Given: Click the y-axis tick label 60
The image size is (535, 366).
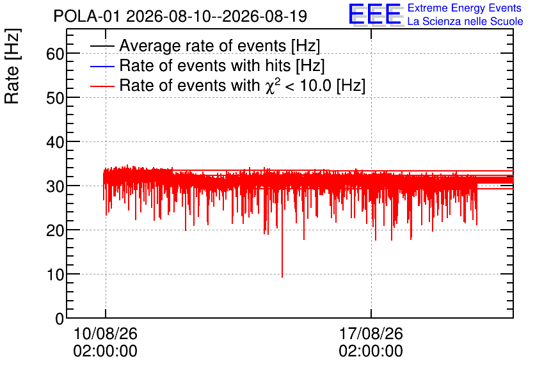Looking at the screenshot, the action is (x=55, y=54).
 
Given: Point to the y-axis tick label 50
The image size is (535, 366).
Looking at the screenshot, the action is (x=55, y=98).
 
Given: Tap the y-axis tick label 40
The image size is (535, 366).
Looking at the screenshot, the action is (x=55, y=142).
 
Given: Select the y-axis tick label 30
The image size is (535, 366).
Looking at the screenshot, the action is (x=55, y=186).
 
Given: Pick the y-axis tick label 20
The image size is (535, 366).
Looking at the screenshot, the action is (x=55, y=230).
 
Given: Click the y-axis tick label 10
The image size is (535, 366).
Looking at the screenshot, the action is (x=55, y=274).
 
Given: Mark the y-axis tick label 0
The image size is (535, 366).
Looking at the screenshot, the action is (x=60, y=319).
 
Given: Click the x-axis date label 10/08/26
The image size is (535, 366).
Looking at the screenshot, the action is (x=105, y=333).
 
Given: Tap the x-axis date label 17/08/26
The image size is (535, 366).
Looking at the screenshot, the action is (x=371, y=333).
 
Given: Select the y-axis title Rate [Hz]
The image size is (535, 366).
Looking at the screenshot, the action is (x=13, y=66).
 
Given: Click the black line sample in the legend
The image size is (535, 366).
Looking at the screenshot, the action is (x=102, y=46).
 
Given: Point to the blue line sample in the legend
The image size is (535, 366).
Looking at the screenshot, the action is (x=102, y=66).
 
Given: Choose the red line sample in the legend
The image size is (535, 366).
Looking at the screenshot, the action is (x=102, y=86).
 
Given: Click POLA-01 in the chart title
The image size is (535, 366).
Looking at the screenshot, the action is (x=86, y=16).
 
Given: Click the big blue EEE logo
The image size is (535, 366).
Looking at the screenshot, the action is (x=375, y=14).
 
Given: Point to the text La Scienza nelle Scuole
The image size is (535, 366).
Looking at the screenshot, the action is (x=465, y=21).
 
